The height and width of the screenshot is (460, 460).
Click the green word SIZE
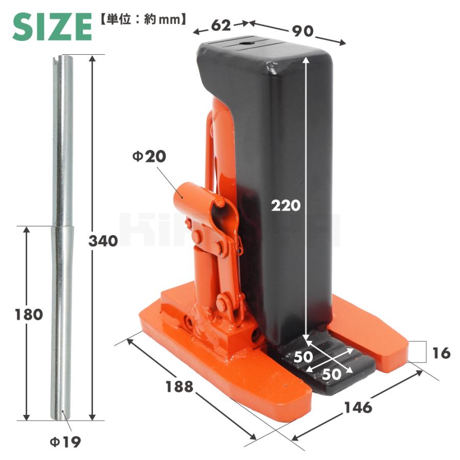(52, 27)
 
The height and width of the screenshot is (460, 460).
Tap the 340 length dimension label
(103, 241)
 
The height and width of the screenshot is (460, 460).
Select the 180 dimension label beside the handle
(29, 314)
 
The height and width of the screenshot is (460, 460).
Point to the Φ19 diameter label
(65, 442)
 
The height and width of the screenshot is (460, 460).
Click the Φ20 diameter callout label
(149, 156)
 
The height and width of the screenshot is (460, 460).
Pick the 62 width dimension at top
(221, 26)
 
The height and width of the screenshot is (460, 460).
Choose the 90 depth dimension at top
(303, 31)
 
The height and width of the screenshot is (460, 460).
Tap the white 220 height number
(286, 205)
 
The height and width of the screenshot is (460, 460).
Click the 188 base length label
(179, 387)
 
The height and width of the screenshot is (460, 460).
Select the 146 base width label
(358, 407)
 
